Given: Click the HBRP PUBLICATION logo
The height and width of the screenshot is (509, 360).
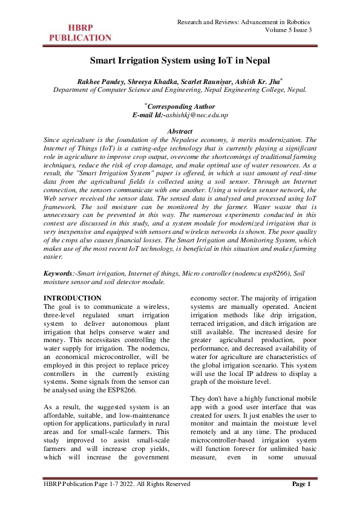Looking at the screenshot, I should [80, 32].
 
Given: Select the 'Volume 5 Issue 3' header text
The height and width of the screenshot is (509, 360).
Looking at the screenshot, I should [289, 31].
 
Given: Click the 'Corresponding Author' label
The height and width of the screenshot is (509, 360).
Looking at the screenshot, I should [182, 106].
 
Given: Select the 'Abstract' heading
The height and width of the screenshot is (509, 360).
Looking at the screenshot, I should [180, 131].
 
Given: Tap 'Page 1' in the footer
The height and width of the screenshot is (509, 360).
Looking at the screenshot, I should [301, 484].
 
